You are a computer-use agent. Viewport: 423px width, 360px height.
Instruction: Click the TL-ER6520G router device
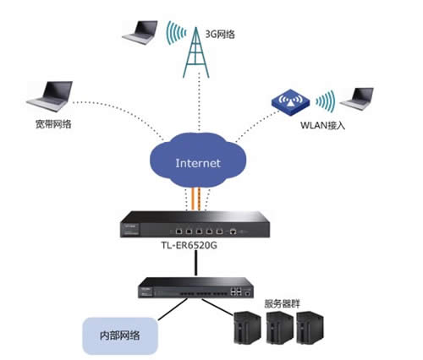click(208, 227)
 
